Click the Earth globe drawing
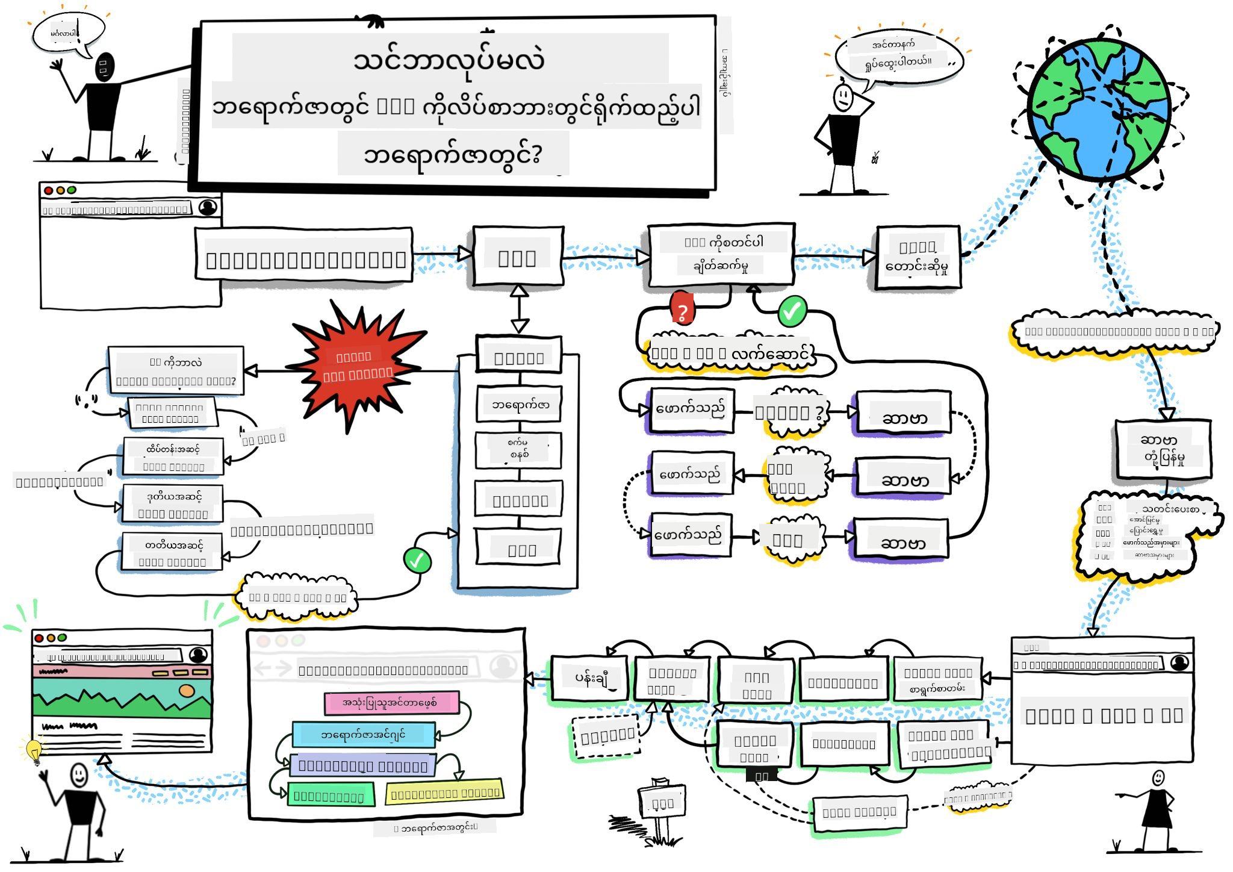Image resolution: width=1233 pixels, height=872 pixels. click(x=1099, y=108)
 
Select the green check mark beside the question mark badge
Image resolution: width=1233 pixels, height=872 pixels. click(x=792, y=311)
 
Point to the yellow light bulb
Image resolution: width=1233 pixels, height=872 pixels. click(x=34, y=750)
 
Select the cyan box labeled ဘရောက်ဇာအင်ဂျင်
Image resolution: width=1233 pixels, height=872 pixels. click(x=363, y=735)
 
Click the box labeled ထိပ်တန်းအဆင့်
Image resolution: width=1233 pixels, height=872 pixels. click(x=173, y=456)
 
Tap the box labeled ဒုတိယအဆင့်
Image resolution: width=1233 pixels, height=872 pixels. click(x=172, y=504)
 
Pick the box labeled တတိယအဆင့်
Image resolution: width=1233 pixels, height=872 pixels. click(x=172, y=552)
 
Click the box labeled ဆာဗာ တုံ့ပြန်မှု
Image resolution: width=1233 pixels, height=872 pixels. click(x=1163, y=449)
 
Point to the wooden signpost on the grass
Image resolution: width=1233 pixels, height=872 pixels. click(x=661, y=804)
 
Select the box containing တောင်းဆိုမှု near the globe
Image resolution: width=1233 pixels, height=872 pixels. click(x=918, y=258)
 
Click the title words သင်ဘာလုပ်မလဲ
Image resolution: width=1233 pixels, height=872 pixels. click(x=449, y=59)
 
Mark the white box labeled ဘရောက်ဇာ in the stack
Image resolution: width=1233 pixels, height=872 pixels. click(x=520, y=405)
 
